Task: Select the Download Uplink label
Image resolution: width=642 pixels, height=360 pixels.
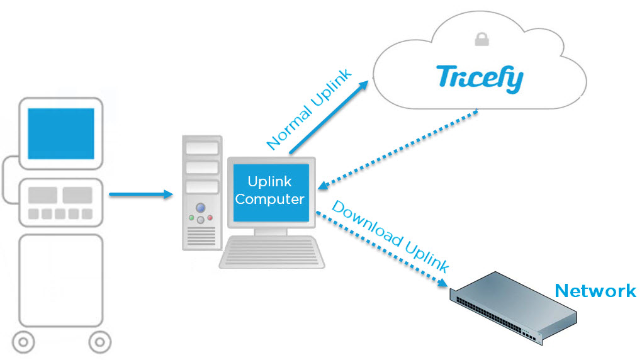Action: point(390,237)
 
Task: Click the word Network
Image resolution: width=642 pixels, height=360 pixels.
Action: point(595,290)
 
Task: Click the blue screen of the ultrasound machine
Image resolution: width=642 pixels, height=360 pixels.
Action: point(61,133)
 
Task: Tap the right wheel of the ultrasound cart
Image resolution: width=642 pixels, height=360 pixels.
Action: point(99,343)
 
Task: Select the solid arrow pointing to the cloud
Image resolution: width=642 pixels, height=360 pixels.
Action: point(328,117)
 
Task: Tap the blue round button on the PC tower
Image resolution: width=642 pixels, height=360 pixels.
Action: point(201,207)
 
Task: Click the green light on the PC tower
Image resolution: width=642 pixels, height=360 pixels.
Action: point(191,218)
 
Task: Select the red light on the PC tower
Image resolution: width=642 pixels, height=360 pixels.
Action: point(210,218)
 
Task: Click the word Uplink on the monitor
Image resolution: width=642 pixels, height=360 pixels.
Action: point(269,181)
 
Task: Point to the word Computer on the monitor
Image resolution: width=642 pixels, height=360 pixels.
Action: point(269,199)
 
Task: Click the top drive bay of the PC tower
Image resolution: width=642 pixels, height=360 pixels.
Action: point(201,149)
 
